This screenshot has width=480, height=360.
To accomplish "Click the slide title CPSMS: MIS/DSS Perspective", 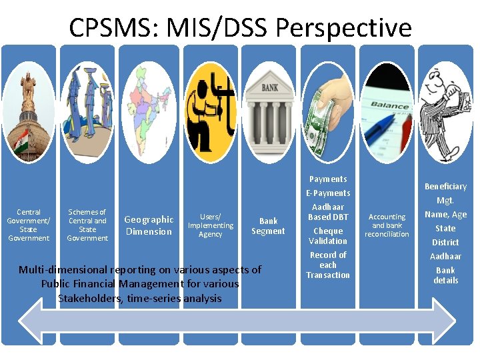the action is point(240,28).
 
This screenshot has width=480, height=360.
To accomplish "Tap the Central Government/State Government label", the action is point(29,225).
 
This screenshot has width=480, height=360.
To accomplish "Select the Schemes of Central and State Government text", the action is point(87,225).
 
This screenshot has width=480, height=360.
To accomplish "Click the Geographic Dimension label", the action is point(149,225).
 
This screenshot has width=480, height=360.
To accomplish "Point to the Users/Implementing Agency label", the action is point(211,225).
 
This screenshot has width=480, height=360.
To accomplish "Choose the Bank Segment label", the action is point(268,226).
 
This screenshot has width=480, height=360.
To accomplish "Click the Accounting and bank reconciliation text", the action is point(387,225).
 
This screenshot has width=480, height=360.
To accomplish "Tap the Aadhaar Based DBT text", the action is point(328,212).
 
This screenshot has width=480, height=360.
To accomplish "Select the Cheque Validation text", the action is point(328,236).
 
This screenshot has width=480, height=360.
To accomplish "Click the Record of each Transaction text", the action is point(328,265).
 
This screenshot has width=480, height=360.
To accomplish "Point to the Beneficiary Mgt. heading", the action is point(445,193).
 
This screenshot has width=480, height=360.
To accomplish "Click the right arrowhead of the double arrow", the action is point(441,319).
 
